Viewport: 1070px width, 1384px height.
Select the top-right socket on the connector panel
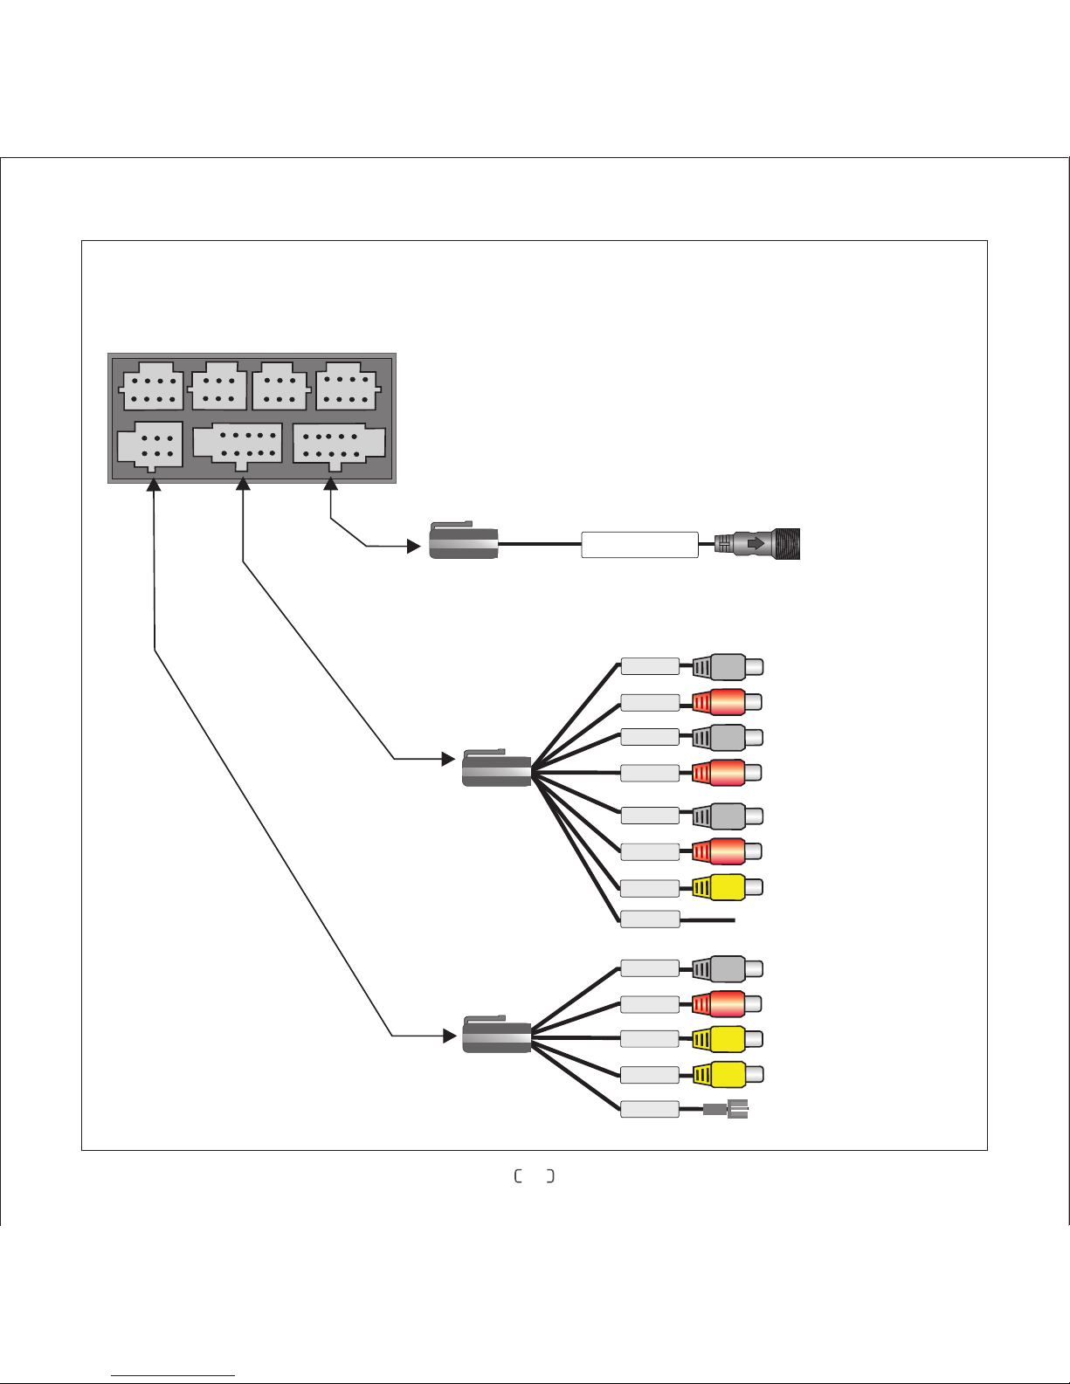click(346, 387)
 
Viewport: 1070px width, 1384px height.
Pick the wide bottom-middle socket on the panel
click(238, 444)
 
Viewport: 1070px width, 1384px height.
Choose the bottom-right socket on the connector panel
click(338, 444)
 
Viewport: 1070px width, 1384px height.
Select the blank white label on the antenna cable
click(639, 545)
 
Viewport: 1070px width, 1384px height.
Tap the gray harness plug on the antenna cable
click(464, 542)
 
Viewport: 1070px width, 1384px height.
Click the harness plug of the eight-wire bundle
click(496, 768)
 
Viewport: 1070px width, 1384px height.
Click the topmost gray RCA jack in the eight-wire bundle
click(727, 667)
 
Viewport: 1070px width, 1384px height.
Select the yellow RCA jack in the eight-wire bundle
click(727, 887)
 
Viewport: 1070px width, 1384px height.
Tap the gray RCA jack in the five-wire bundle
click(727, 968)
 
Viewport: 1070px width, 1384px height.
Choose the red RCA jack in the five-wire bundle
click(727, 1003)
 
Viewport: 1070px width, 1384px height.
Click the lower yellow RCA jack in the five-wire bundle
click(727, 1074)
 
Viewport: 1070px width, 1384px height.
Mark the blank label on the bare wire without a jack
click(650, 919)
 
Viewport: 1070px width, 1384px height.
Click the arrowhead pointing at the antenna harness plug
click(414, 547)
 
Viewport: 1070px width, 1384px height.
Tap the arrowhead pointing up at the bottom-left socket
click(154, 485)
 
